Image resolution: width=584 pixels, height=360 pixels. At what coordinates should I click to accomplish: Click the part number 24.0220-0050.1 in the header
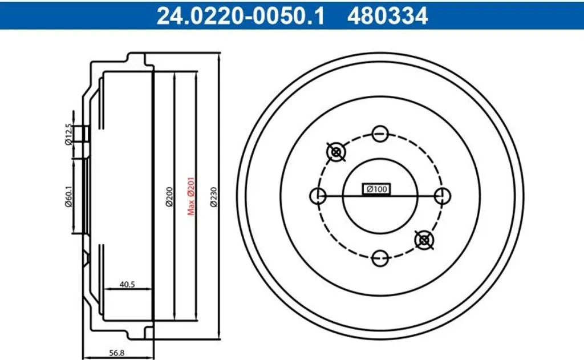coord(240,16)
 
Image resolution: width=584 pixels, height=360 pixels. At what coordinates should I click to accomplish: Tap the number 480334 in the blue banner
coord(388,16)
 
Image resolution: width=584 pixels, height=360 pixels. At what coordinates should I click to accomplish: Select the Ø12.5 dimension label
coord(68,134)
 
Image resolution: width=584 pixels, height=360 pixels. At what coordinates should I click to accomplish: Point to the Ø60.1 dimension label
coord(68,196)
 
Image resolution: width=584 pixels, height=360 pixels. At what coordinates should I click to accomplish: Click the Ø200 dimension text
coord(169,197)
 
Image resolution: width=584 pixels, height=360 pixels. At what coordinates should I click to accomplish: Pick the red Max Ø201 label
coord(191,196)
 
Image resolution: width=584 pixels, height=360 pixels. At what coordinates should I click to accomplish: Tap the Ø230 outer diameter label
coord(213,197)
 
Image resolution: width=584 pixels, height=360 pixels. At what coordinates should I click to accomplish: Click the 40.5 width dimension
coord(127,284)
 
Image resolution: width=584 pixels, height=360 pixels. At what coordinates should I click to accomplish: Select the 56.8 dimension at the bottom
coord(116,353)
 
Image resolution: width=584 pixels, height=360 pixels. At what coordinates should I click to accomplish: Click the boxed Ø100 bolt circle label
coord(376,189)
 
